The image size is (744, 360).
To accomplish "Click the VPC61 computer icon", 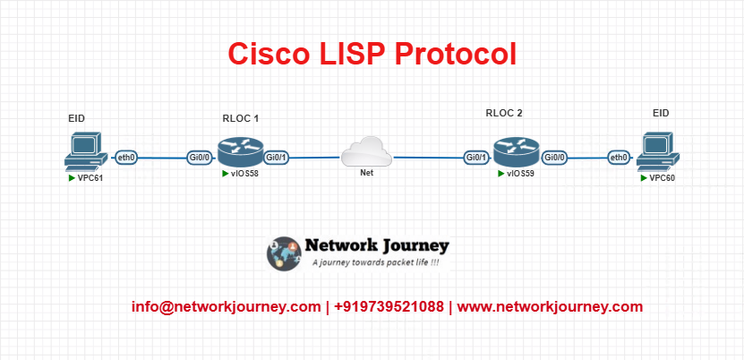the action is (85, 151).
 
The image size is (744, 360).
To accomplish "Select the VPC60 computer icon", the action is (658, 151).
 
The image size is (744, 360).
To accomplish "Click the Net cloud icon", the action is (366, 151).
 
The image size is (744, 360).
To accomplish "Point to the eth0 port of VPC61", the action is (126, 158).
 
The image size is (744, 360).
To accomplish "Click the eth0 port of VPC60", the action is (619, 158).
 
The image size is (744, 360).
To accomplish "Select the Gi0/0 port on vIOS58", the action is (200, 158).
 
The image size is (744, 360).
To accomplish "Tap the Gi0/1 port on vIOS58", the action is (277, 158).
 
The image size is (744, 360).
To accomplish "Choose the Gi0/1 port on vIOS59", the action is (476, 158).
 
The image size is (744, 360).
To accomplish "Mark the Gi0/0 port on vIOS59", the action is (555, 158).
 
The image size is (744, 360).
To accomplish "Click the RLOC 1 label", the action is (241, 118).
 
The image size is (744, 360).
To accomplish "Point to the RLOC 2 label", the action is (504, 114).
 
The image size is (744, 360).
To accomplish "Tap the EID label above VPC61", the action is (76, 118).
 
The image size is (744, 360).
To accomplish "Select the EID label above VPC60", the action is (661, 114).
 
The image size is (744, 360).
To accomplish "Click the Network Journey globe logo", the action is (284, 253).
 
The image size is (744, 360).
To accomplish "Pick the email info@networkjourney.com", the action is (227, 307).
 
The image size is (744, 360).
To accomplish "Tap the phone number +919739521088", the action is (389, 307).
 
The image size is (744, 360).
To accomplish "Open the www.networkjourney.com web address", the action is (550, 307).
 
